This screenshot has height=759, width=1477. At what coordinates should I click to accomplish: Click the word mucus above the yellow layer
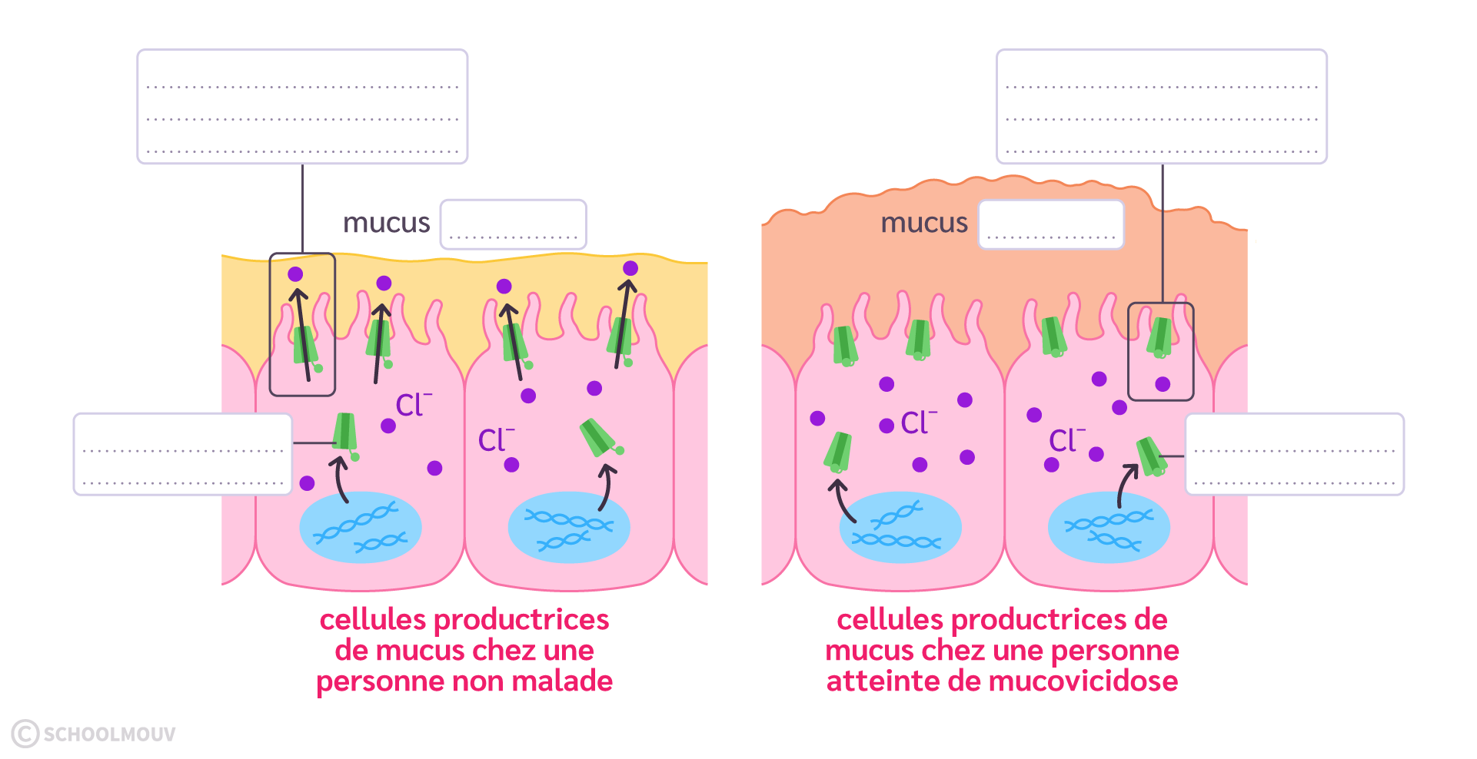(x=386, y=223)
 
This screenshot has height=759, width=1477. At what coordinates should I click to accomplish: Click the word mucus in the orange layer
(x=923, y=223)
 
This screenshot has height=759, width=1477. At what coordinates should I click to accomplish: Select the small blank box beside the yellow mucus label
(x=513, y=224)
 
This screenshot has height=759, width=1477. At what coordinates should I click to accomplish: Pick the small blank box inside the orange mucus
(x=1050, y=224)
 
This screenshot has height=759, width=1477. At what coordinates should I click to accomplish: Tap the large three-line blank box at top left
(x=302, y=106)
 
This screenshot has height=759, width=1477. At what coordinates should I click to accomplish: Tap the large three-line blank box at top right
(x=1161, y=106)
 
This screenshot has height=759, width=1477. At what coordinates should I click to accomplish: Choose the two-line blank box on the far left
(x=182, y=454)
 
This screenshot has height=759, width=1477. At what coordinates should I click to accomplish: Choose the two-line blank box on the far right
(x=1294, y=454)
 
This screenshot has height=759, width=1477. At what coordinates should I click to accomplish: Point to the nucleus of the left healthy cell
(x=360, y=527)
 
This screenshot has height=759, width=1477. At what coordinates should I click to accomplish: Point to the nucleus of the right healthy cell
(x=569, y=527)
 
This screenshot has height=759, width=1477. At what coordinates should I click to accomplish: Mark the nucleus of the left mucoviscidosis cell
(x=900, y=527)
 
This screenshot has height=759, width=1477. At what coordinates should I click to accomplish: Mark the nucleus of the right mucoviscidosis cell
(x=1109, y=527)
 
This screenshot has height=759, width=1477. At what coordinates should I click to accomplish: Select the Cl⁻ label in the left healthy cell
(x=413, y=405)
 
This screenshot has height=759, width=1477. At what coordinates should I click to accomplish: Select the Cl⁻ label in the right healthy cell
(x=495, y=440)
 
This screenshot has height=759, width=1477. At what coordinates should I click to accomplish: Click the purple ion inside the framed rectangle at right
(x=1163, y=384)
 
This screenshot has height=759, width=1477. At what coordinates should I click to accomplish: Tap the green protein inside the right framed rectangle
(x=1159, y=337)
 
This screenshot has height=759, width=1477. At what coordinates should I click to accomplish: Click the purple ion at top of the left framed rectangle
(x=295, y=274)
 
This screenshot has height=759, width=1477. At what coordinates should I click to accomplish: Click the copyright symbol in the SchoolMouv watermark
(x=25, y=734)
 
